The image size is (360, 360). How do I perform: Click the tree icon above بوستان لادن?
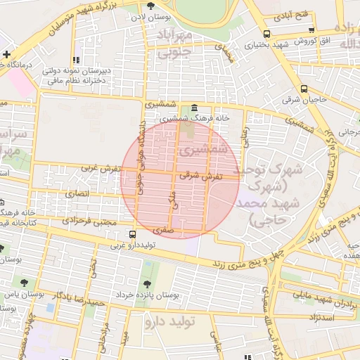tap(151, 6)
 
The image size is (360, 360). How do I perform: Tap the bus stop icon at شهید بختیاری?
tap(266, 33)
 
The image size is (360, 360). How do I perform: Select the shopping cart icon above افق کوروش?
tap(311, 30)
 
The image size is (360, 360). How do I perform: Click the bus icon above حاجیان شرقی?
tap(304, 89)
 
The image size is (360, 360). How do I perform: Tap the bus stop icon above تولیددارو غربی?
tap(133, 235)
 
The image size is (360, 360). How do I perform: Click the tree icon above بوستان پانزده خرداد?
tap(147, 283)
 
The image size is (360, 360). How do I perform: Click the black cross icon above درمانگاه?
tap(6, 54)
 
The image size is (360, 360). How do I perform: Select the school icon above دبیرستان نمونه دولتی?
tap(75, 60)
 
